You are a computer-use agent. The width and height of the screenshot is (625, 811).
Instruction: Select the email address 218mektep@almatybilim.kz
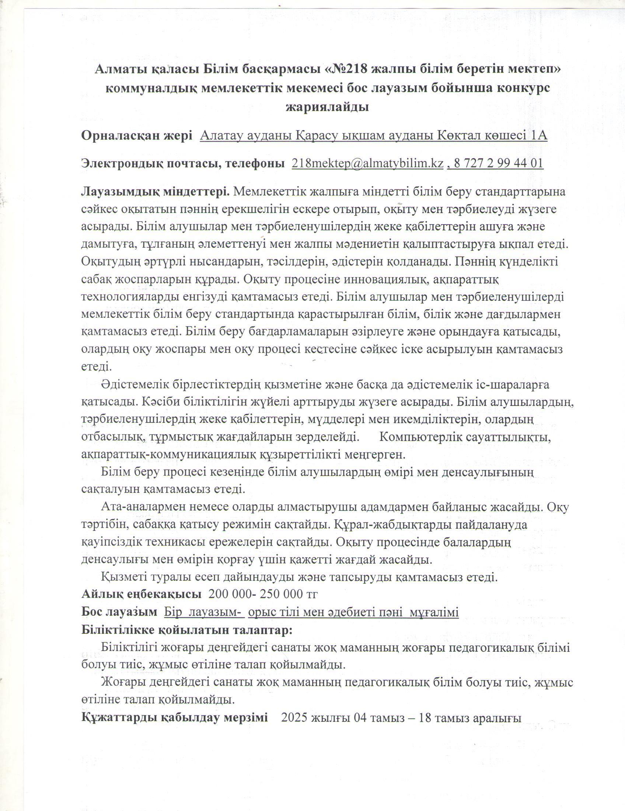click(367, 163)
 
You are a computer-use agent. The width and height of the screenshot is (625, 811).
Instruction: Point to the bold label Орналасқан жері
click(137, 136)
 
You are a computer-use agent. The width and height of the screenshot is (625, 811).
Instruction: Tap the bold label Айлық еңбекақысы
click(142, 594)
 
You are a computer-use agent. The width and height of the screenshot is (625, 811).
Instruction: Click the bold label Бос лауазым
click(119, 612)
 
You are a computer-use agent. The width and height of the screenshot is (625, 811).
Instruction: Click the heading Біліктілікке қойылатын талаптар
click(187, 630)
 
